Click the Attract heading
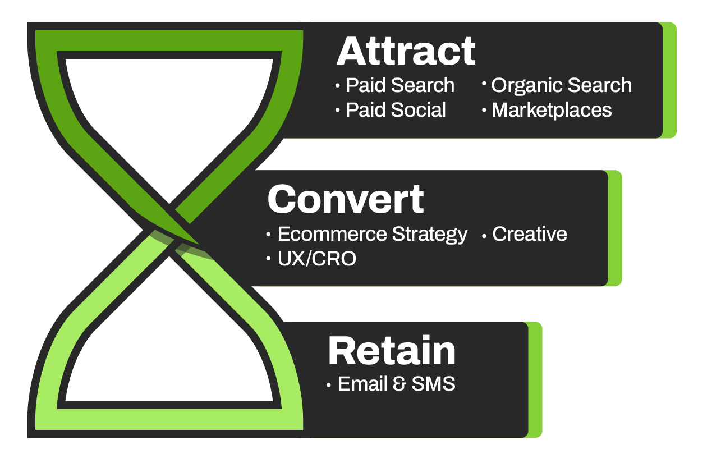[406, 52]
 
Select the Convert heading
[346, 199]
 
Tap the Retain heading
[392, 351]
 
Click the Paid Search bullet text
[399, 85]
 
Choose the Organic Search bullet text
[561, 85]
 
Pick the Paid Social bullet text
[396, 110]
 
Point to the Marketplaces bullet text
[551, 110]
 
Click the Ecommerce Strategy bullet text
[372, 234]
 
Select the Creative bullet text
[529, 234]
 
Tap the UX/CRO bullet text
[316, 259]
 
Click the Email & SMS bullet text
[396, 384]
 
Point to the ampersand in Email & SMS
[399, 384]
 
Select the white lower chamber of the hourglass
[168, 365]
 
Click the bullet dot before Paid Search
[338, 86]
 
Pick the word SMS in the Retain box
[433, 384]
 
